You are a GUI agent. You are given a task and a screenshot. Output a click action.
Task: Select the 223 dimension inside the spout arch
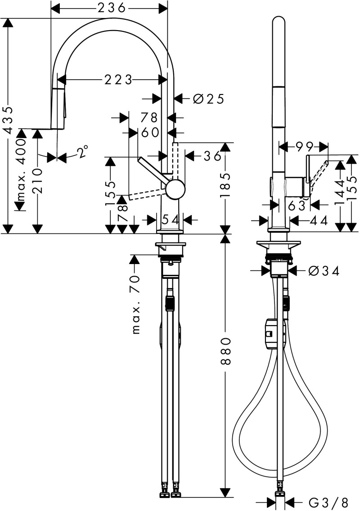[118, 81]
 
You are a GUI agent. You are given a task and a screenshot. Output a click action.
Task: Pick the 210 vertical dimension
[38, 180]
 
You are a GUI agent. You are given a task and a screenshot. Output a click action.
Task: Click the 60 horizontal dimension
[149, 132]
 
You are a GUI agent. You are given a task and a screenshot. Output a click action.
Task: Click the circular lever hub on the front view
[175, 189]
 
